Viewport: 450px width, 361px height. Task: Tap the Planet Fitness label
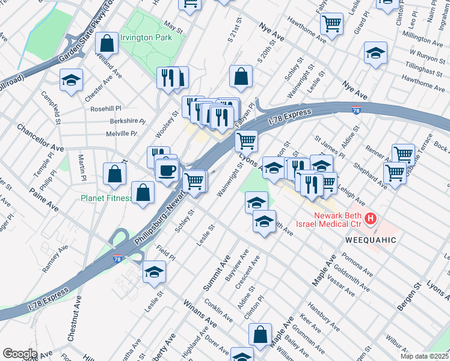point(107,198)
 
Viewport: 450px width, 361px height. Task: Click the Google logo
point(20,353)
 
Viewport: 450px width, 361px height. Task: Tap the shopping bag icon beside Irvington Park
point(106,44)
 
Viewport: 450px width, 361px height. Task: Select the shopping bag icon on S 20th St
point(241,76)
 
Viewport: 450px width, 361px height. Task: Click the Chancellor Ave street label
point(40,139)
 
